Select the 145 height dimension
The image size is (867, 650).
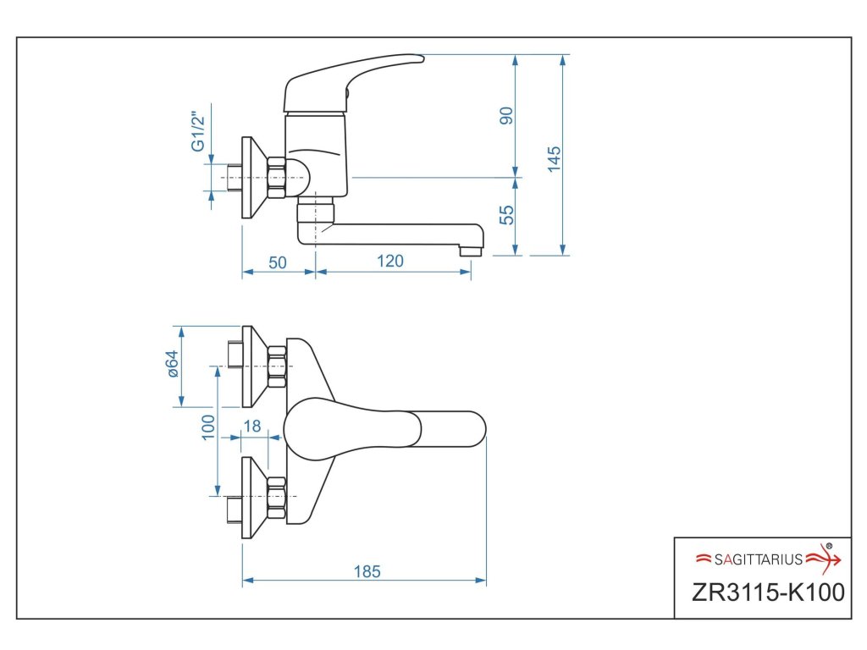pos(555,158)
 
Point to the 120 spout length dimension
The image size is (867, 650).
pos(389,262)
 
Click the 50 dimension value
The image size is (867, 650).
pos(278,262)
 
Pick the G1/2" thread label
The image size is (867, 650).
pos(198,131)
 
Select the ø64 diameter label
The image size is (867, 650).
pos(171,364)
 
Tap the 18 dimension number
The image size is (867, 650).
pos(251,426)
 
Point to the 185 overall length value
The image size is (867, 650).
pos(367,571)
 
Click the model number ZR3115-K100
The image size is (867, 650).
pos(768,592)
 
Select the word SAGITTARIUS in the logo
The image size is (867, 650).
pos(758,559)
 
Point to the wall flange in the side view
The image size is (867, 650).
pos(248,178)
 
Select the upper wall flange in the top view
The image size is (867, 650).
pos(248,366)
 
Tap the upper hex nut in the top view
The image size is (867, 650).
pos(277,366)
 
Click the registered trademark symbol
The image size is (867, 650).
pos(829,546)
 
